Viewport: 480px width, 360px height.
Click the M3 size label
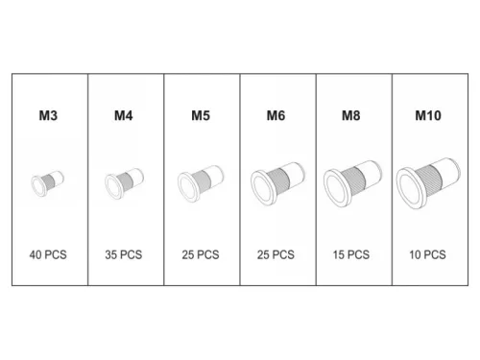pyautogui.click(x=48, y=115)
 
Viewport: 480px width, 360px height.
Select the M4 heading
pyautogui.click(x=124, y=115)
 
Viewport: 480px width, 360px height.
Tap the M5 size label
pyautogui.click(x=201, y=115)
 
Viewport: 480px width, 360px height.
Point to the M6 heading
pyautogui.click(x=276, y=115)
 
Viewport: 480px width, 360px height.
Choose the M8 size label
pyautogui.click(x=351, y=115)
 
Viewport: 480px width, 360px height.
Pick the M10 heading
pyautogui.click(x=428, y=115)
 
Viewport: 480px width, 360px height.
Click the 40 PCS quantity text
pyautogui.click(x=48, y=254)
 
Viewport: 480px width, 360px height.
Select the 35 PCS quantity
pyautogui.click(x=124, y=254)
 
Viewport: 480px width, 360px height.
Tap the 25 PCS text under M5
pyautogui.click(x=201, y=254)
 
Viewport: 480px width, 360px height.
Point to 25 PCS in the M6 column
pyautogui.click(x=276, y=254)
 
